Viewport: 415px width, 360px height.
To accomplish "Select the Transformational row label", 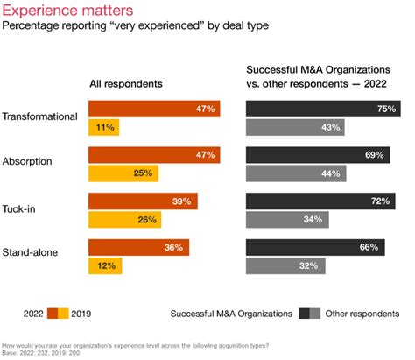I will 41,116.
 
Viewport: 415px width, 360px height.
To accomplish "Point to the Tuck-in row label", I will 24,208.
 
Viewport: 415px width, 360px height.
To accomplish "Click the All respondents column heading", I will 128,84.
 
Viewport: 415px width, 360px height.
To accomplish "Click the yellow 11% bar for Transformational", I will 103,128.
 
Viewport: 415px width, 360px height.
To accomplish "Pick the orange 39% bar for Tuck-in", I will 143,201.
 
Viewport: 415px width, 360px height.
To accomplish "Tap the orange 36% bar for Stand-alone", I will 138,247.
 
